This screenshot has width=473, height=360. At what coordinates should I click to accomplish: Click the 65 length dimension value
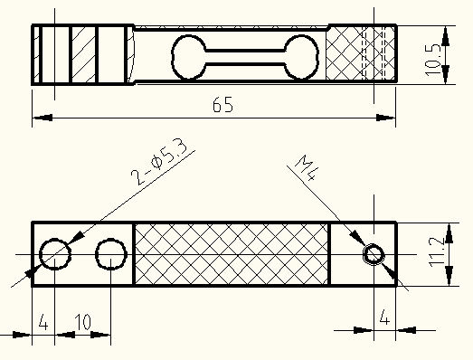[222, 105]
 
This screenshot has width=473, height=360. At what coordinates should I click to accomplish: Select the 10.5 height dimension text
[432, 60]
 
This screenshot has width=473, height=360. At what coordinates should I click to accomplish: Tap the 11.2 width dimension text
[436, 252]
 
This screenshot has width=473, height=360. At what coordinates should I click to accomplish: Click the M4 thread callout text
[306, 167]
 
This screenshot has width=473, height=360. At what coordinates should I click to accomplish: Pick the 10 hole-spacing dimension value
[82, 322]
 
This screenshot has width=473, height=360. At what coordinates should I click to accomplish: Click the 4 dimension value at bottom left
[43, 322]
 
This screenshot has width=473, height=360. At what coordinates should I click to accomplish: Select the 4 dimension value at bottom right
[383, 317]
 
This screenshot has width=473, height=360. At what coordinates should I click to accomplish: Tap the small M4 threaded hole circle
[374, 254]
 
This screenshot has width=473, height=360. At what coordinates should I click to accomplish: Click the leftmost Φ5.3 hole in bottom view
[40, 254]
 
